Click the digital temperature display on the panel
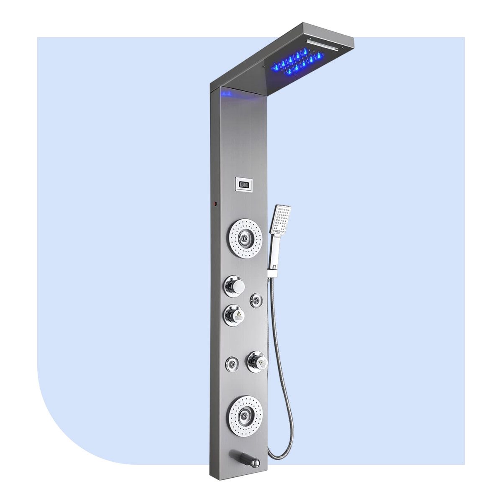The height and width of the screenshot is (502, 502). point(243,183)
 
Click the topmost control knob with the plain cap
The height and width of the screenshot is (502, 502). point(236,287)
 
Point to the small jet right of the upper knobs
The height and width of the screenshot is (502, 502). point(256,300)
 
